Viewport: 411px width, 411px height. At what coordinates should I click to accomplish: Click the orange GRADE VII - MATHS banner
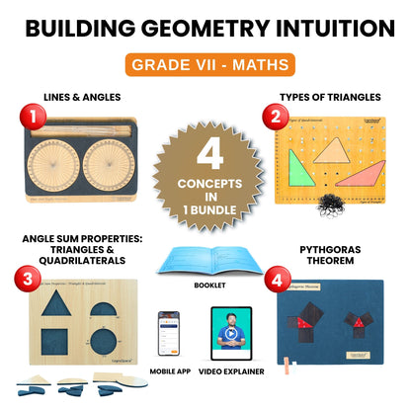tap(206, 66)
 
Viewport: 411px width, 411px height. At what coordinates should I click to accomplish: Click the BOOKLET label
tap(207, 287)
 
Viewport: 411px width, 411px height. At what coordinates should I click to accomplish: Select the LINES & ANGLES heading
tap(83, 97)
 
